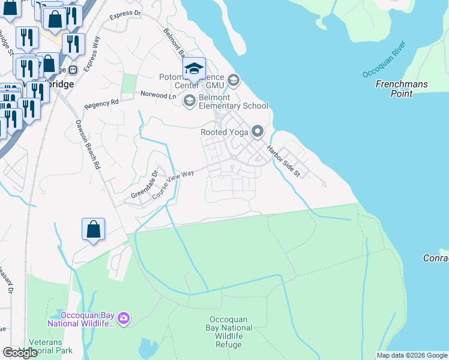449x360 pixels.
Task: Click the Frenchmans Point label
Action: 402,89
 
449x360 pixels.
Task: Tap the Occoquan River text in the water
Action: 384,59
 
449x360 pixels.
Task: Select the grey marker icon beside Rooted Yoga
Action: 258,131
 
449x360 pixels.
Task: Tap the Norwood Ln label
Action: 158,95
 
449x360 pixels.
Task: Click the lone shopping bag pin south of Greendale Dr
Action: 94,230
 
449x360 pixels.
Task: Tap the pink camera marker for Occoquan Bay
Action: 124,317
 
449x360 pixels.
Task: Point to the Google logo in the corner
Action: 20,353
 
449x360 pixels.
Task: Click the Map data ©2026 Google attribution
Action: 412,355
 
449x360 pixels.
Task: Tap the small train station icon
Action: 73,70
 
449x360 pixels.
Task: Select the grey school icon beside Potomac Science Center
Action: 234,79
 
